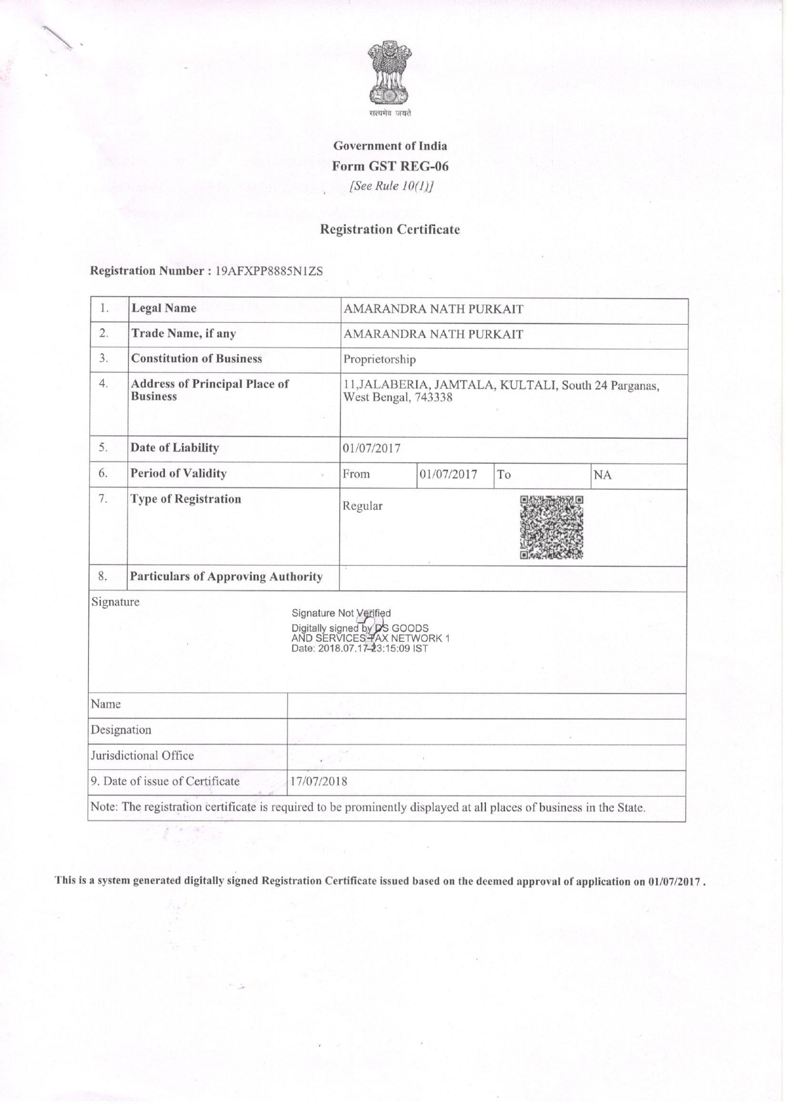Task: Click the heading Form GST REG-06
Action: click(390, 166)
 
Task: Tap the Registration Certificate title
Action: click(390, 230)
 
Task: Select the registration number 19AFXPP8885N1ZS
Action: click(269, 271)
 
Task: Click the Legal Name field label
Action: click(164, 309)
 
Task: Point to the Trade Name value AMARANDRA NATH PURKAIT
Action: click(433, 334)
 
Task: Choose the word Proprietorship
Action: click(379, 360)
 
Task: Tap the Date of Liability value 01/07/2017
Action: click(372, 449)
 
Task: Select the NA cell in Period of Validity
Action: click(602, 475)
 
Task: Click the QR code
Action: click(551, 527)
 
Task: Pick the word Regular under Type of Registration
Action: click(362, 506)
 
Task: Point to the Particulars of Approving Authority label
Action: click(226, 576)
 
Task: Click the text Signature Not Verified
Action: click(341, 613)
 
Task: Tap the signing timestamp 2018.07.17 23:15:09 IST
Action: click(377, 649)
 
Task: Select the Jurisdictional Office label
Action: click(142, 755)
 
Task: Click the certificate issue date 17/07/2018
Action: click(318, 781)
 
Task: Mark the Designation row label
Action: click(121, 730)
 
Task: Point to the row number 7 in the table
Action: click(103, 499)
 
